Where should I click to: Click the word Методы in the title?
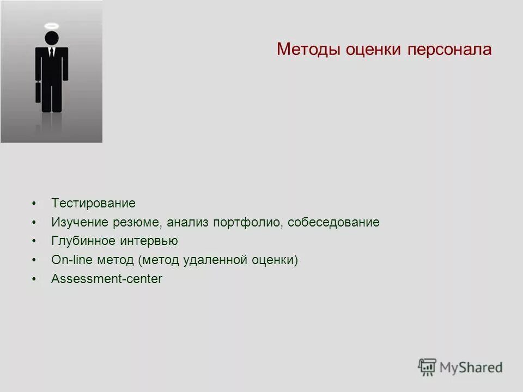coord(308,50)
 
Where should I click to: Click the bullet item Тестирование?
coord(93,204)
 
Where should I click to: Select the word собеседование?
coord(333,223)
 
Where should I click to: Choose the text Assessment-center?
coord(107,279)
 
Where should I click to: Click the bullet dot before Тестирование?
coord(34,204)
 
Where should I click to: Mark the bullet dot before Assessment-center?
coord(34,279)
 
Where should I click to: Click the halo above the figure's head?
coord(51,26)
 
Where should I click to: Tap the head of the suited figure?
coord(51,38)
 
